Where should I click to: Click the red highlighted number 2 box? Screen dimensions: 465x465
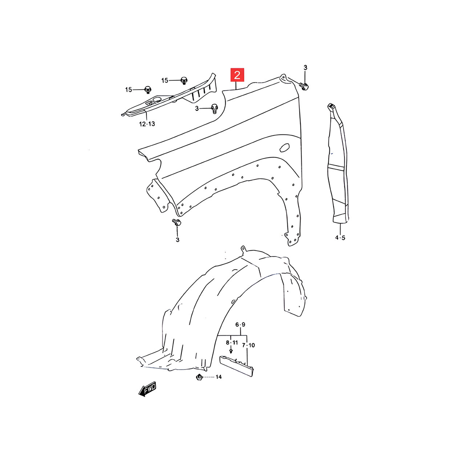point(238,75)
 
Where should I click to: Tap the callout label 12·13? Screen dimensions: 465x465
point(147,124)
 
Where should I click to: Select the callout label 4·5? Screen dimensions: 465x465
point(340,238)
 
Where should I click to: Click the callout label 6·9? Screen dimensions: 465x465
point(240,324)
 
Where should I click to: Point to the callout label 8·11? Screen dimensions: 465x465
point(232,343)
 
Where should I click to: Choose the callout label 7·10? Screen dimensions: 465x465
point(248,345)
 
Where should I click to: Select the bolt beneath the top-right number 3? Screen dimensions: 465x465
point(304,86)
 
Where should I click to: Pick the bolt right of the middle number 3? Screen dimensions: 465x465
point(214,108)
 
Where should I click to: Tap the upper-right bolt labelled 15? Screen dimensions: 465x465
point(184,80)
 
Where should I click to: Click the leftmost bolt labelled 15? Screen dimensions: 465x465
point(148,89)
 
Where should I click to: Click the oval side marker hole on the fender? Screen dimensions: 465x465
point(284,147)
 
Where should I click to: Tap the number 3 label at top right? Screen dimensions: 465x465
point(305,68)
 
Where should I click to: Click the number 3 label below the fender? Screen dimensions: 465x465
point(178,240)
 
